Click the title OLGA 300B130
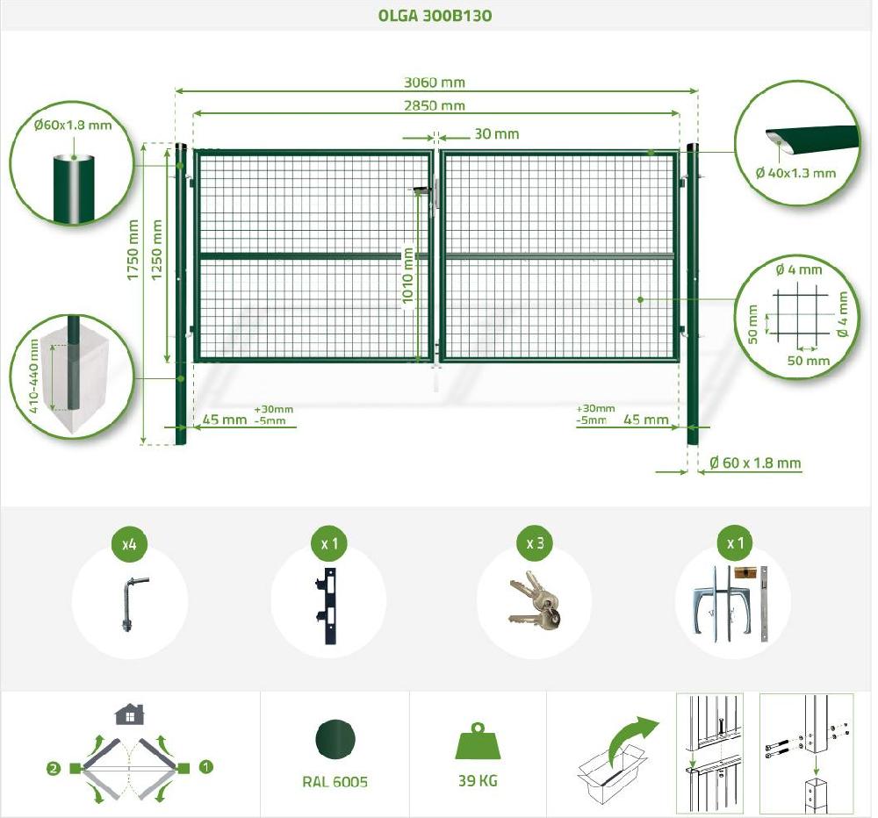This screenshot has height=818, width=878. point(435,15)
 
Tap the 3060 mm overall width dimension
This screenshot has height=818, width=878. point(435,83)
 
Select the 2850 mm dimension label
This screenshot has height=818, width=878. point(435,105)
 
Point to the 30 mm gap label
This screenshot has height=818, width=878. point(497,133)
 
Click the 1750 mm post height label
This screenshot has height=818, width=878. point(133,250)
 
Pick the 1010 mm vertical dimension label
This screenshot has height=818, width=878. point(407,276)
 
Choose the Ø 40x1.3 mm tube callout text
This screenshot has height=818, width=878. point(795,173)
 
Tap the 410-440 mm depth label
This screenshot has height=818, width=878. point(33,376)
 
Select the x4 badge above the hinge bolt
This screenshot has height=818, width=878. point(129,543)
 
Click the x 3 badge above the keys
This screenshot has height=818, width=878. point(535,543)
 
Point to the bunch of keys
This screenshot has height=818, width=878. point(535,600)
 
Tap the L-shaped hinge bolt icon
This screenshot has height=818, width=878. point(133,605)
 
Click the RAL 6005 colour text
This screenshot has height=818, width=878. point(335,782)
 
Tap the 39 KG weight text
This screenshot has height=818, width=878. point(478,780)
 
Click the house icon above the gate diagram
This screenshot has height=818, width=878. point(129,714)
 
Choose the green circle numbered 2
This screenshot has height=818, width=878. point(54,769)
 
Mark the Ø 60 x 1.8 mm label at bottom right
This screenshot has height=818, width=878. point(755,463)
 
